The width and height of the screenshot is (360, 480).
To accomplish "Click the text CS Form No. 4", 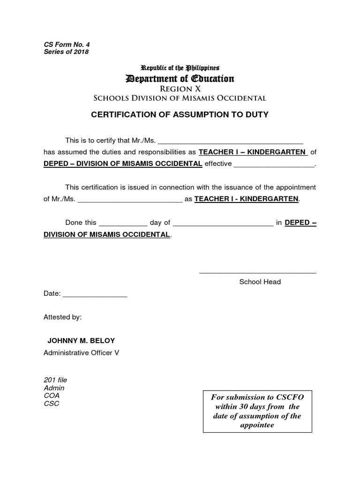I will (67, 44).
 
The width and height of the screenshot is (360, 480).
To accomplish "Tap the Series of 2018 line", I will (66, 52).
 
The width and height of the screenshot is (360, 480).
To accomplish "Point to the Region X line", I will (180, 89).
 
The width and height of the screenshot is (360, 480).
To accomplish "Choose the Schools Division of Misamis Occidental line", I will (180, 98).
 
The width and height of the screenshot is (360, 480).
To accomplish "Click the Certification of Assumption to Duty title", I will (180, 114).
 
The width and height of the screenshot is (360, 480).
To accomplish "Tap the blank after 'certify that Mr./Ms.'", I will (232, 141).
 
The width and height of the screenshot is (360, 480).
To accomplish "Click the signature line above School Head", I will (257, 272).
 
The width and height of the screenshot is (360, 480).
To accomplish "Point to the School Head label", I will (260, 282).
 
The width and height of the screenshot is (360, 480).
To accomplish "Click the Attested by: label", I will (62, 317).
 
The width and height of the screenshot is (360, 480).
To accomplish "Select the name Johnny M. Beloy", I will (81, 340).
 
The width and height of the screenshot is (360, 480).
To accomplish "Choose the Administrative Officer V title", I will (81, 352).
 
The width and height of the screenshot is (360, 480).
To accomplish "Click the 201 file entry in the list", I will (55, 380).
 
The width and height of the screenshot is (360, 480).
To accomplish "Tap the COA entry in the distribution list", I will (52, 396).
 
